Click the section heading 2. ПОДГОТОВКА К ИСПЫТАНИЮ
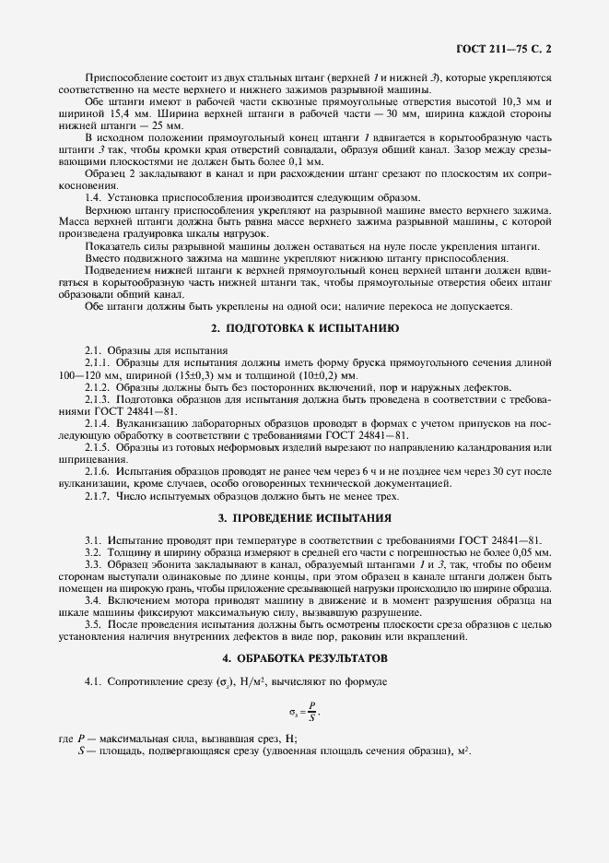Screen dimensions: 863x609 coord(305,327)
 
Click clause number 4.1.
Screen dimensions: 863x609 coord(93,681)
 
